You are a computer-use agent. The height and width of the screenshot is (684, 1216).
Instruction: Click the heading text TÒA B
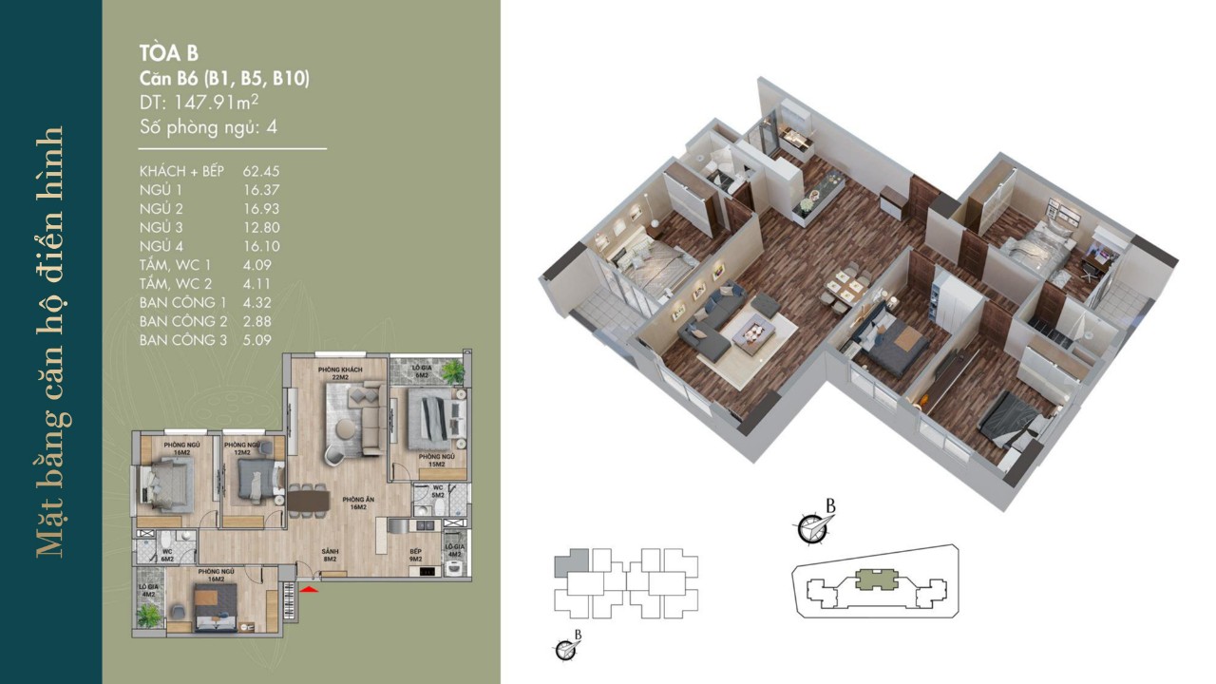pos(169,53)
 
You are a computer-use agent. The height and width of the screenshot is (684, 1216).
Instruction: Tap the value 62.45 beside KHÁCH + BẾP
pos(261,172)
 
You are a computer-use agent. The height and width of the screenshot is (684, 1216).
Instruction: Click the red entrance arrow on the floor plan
pos(308,591)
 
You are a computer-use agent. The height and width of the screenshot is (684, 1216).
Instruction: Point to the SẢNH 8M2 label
pos(331,556)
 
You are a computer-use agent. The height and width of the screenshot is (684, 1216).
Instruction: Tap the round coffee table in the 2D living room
pos(347,433)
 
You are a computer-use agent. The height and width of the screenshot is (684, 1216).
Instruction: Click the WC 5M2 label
pos(438,492)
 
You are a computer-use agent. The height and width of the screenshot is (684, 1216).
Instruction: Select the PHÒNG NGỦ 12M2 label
pos(242,448)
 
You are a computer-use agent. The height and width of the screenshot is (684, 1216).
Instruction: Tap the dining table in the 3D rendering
pos(842,286)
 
